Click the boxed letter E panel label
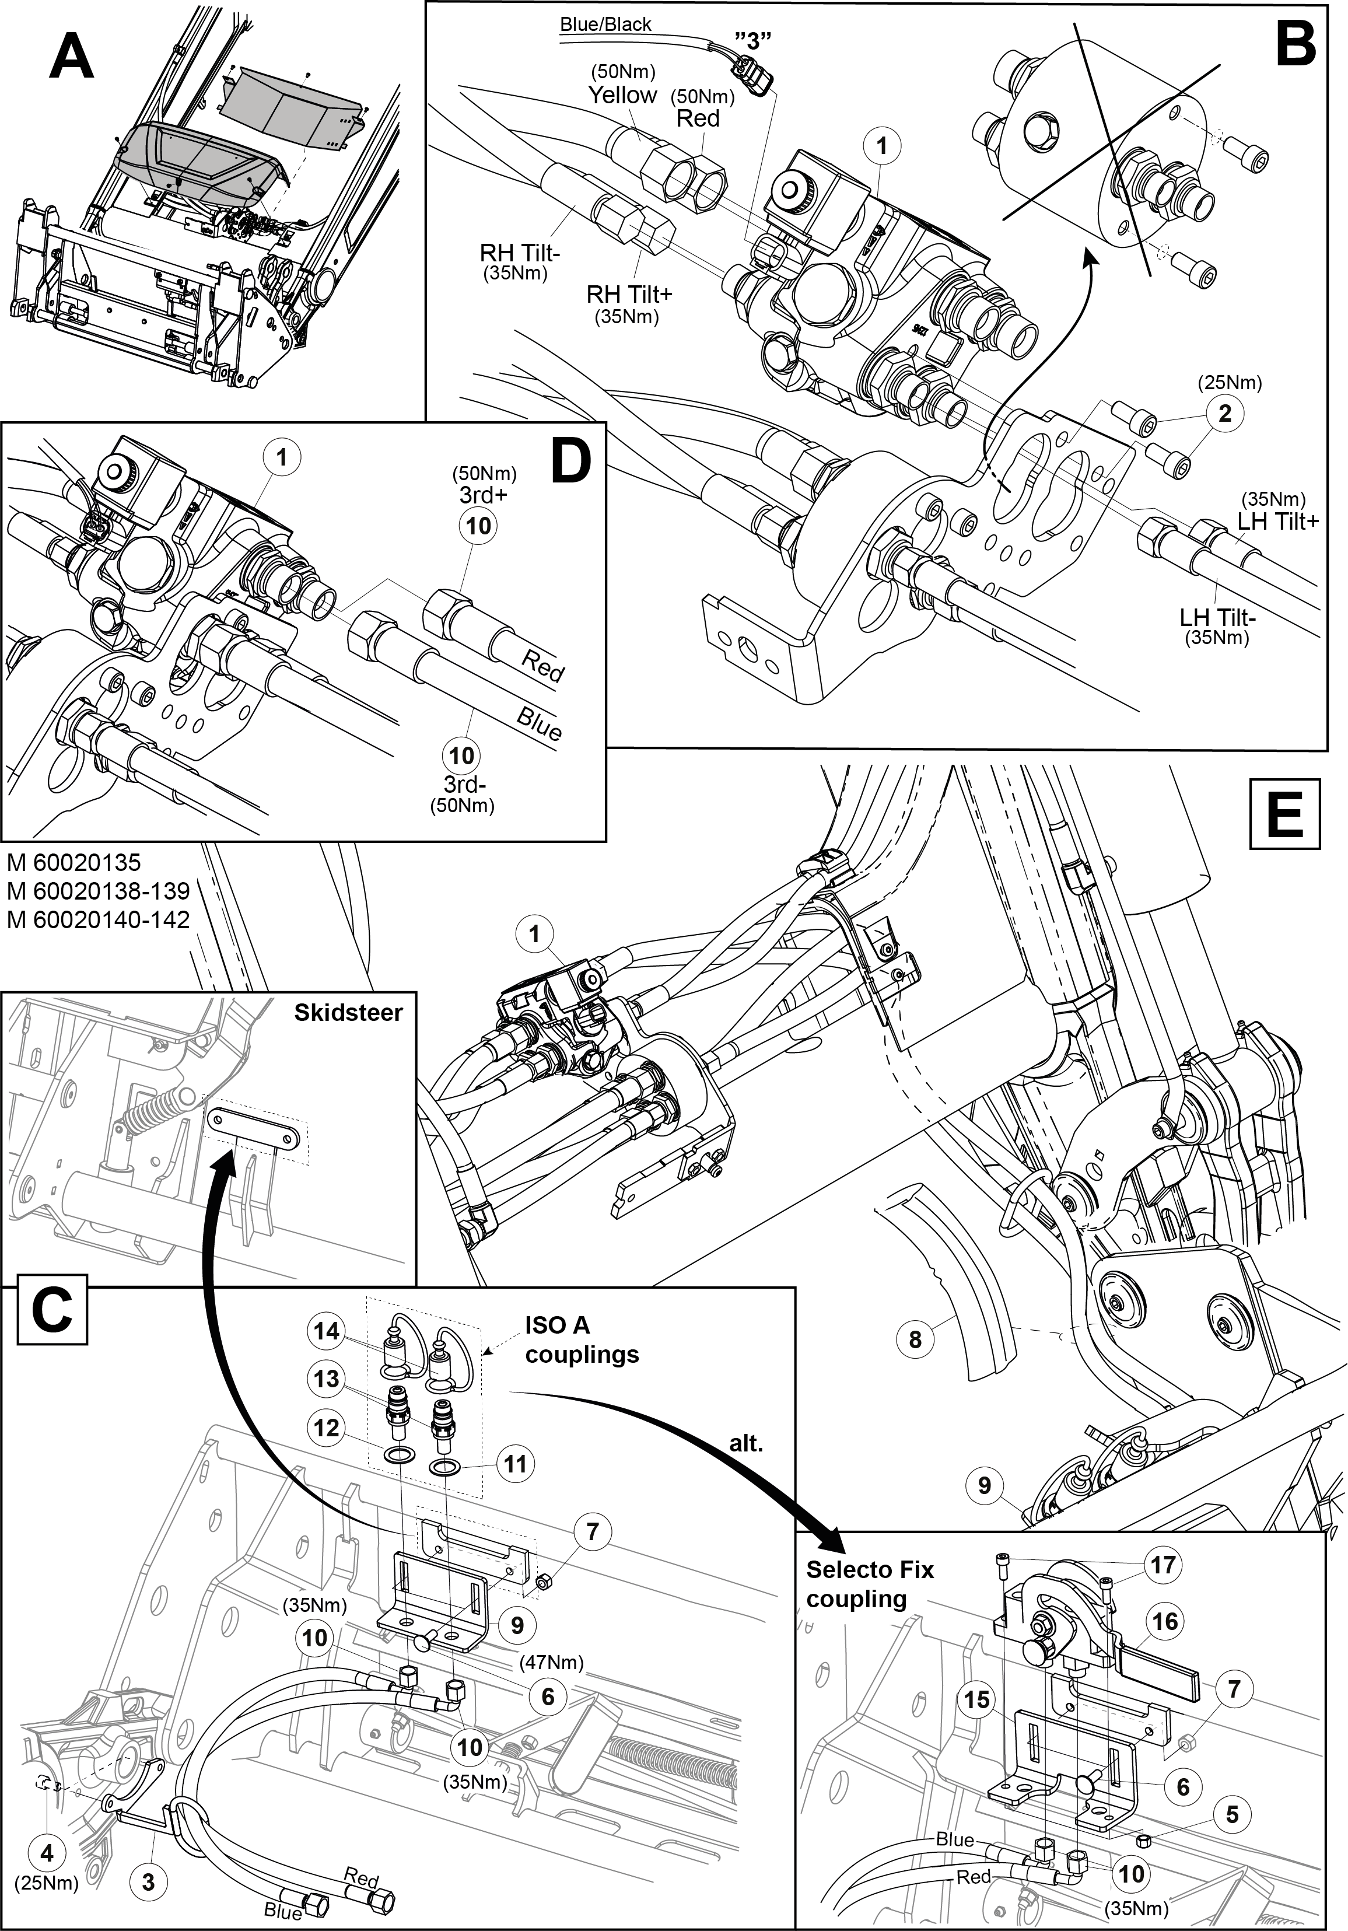click(x=1285, y=813)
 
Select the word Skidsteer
click(x=348, y=1012)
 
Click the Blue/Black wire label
click(x=605, y=25)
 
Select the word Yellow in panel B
click(x=622, y=95)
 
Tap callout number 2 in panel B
click(x=1224, y=414)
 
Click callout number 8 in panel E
click(x=916, y=1338)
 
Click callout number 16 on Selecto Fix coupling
click(x=1165, y=1621)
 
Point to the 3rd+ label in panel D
click(x=484, y=495)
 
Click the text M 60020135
click(x=74, y=863)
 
